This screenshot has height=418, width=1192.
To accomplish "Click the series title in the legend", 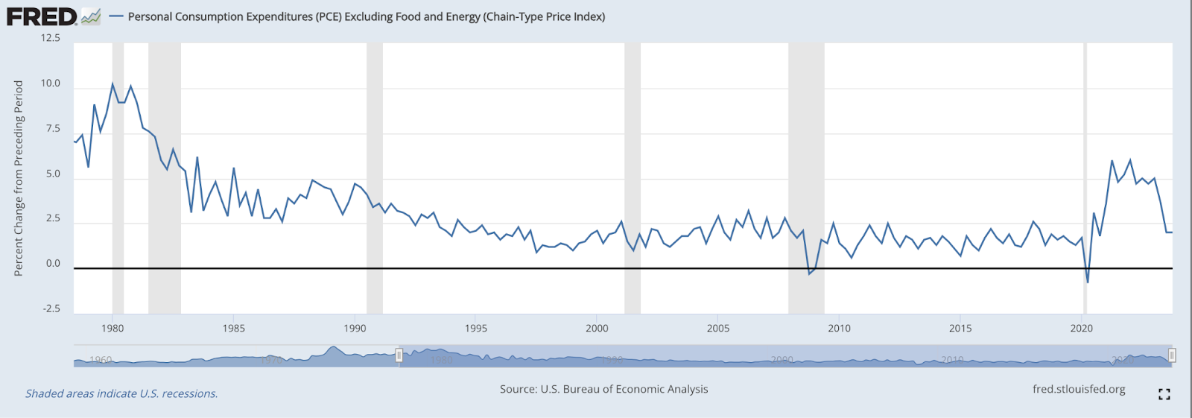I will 366,16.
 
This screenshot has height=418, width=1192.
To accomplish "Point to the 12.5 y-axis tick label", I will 51,38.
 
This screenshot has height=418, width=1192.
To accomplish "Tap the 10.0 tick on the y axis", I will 51,83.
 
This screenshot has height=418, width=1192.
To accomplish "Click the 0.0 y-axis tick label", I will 52,263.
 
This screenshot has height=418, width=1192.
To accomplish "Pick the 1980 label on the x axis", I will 112,328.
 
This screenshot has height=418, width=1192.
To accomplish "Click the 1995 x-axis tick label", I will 476,328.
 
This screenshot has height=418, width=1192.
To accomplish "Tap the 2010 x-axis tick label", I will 839,328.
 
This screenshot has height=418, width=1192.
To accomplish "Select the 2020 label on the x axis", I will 1081,328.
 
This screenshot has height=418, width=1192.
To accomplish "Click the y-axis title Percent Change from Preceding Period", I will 19,178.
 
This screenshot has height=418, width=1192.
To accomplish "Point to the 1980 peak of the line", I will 112,83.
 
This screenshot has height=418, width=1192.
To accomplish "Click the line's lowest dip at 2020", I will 1088,282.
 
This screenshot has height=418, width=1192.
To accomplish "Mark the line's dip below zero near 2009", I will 810,273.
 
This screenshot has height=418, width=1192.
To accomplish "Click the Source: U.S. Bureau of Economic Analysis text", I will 603,389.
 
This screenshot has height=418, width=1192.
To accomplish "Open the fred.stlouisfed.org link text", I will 1079,389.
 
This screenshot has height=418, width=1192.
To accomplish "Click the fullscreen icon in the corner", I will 1164,394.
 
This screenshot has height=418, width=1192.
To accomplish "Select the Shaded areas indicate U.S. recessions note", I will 121,393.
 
